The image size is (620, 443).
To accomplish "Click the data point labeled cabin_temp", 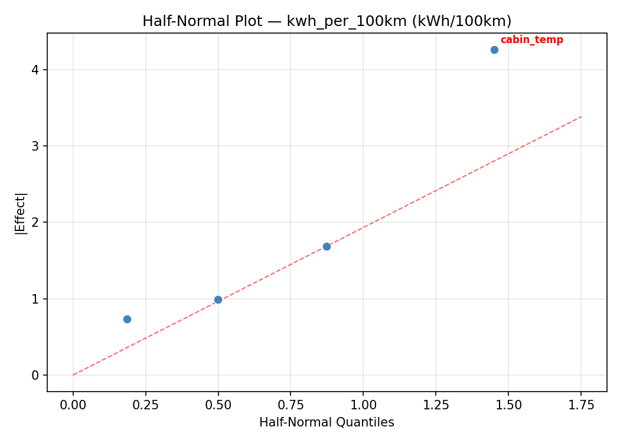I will point(494,50).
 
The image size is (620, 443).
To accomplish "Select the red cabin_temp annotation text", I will point(531,40).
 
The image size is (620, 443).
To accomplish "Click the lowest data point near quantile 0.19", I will point(127,319).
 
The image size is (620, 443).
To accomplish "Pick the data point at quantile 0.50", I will point(218,299).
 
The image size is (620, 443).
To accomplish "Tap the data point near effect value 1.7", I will point(327,246).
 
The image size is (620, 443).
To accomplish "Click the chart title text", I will point(327,21).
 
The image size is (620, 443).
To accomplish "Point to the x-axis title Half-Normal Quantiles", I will point(327,422).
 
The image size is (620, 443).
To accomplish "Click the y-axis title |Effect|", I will point(21,213).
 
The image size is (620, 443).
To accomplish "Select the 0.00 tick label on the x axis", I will point(73,405).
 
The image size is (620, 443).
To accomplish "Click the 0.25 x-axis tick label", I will point(146,405).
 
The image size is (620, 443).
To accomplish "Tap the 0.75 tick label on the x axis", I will point(291,405).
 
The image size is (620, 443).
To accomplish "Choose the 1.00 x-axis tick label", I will point(363,405).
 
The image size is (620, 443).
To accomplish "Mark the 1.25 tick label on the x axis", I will point(435,405).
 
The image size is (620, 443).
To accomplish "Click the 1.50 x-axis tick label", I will point(508,405).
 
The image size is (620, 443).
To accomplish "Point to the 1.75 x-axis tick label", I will point(580,405).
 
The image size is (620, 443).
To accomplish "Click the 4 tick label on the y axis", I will point(36,70).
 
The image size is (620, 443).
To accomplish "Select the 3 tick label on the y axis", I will point(36,146).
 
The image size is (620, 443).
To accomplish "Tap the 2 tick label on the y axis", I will point(36,223).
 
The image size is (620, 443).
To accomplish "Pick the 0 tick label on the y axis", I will point(36,375).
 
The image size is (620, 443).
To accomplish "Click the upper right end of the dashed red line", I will point(581,117).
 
